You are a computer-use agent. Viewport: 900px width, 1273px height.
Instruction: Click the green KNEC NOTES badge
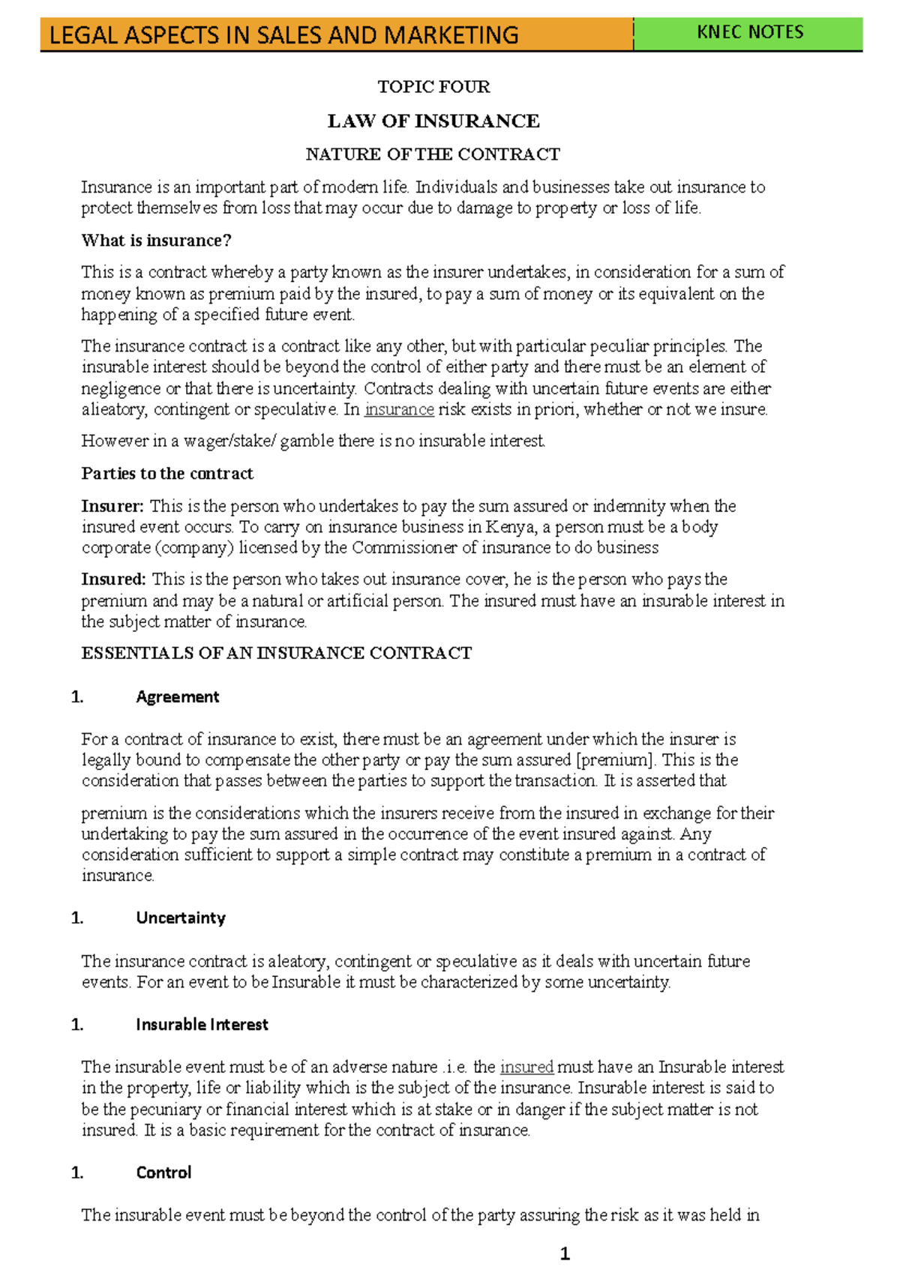(749, 32)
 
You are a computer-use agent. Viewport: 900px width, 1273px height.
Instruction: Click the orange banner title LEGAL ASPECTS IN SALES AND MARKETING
(283, 35)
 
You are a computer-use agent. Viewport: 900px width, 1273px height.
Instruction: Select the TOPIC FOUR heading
(433, 87)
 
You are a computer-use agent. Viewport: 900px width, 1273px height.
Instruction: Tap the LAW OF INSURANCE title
(433, 121)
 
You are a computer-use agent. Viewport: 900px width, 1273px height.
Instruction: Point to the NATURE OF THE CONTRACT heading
(433, 154)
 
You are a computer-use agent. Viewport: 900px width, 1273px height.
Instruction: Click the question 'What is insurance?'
(156, 241)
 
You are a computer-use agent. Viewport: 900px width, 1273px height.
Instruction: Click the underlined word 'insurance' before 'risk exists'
(399, 409)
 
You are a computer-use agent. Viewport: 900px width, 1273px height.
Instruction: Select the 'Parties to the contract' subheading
(167, 474)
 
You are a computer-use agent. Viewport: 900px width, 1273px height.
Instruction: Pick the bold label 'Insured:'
(113, 580)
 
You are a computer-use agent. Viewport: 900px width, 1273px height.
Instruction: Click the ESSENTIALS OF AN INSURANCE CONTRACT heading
(276, 653)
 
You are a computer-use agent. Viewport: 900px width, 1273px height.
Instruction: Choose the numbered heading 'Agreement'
(178, 697)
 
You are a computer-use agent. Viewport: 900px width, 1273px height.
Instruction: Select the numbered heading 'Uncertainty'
(181, 918)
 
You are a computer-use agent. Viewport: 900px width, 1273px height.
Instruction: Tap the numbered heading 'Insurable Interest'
(202, 1025)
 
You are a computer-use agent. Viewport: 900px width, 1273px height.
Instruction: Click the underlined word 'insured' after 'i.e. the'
(526, 1067)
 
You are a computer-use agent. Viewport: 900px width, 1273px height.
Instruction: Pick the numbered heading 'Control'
(163, 1173)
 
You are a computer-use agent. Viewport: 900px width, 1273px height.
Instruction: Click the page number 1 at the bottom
(565, 1254)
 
